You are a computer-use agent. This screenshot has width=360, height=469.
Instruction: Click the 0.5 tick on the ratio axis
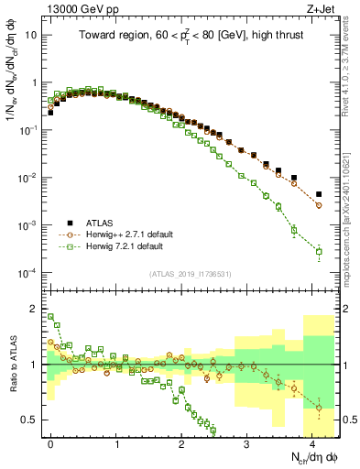pyautogui.click(x=30, y=420)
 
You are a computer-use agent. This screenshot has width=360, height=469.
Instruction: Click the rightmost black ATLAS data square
pyautogui.click(x=319, y=194)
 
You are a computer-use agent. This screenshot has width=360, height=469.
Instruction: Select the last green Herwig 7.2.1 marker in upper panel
pyautogui.click(x=319, y=251)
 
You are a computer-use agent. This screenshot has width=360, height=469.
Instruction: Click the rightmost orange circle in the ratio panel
pyautogui.click(x=319, y=407)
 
